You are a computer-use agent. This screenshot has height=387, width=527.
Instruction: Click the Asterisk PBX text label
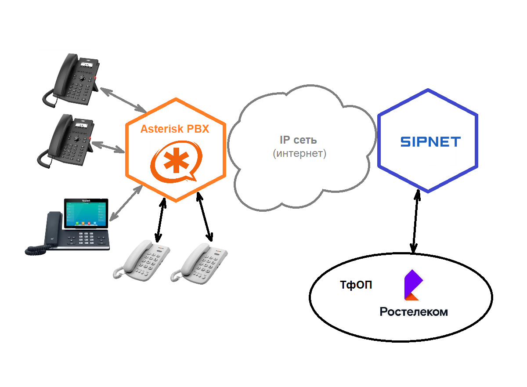tap(175, 129)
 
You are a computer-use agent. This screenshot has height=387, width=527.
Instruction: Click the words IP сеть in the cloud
tap(299, 140)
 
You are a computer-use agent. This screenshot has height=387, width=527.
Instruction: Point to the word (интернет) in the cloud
tap(299, 154)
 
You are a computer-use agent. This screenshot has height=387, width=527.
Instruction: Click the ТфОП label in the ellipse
tap(356, 285)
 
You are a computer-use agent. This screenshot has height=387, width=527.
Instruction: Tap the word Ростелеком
tap(414, 312)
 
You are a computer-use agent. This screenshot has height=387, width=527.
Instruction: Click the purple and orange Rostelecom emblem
tap(413, 285)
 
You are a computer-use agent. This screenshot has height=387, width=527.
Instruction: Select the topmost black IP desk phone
tap(72, 79)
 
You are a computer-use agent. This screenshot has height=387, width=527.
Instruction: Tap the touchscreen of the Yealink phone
tap(86, 213)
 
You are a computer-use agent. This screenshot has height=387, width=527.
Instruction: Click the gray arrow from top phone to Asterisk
tap(123, 100)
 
